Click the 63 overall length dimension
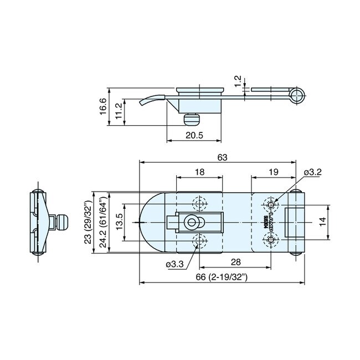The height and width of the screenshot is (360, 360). click(x=222, y=157)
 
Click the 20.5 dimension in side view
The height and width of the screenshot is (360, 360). click(x=194, y=135)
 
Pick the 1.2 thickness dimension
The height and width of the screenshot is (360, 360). click(x=239, y=82)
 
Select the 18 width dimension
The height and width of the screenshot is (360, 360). click(x=200, y=172)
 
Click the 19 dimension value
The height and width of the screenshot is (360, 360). click(x=272, y=172)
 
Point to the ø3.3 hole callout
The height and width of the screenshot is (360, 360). click(x=174, y=264)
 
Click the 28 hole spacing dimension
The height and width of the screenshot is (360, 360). click(x=235, y=262)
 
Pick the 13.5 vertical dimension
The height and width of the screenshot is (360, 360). click(x=119, y=222)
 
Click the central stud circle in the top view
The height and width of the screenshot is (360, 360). click(x=192, y=222)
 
